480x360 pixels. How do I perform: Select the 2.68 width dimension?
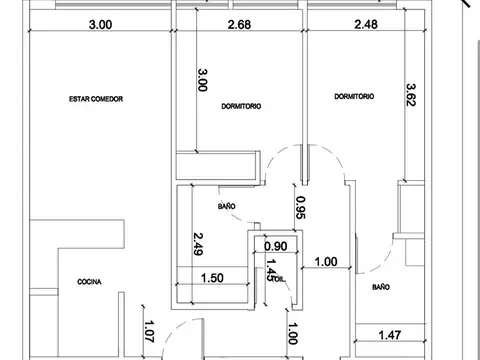pyautogui.click(x=239, y=24)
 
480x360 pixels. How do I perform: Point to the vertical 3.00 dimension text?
pyautogui.click(x=203, y=80)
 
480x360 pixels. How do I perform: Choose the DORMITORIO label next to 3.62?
pyautogui.click(x=354, y=97)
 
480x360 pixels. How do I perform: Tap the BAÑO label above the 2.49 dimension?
pyautogui.click(x=227, y=206)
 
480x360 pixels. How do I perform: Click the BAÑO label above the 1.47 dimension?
pyautogui.click(x=381, y=287)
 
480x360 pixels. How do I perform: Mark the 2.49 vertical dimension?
pyautogui.click(x=198, y=245)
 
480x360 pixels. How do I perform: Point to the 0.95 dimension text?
pyautogui.click(x=300, y=207)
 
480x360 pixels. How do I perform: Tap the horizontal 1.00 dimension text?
pyautogui.click(x=327, y=262)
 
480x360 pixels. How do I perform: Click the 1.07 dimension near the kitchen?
pyautogui.click(x=149, y=331)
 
